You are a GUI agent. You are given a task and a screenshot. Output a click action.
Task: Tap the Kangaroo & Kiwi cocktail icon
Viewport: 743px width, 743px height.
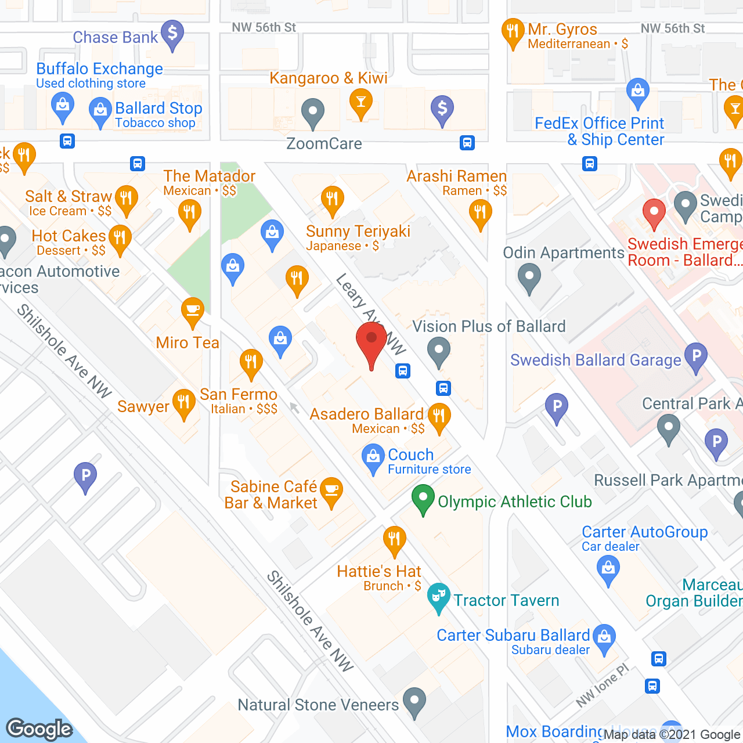point(360,103)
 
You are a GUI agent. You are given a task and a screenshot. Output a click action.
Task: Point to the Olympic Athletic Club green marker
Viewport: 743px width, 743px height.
point(423,498)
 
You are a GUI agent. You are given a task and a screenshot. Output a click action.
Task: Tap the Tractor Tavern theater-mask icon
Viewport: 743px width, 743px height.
point(439,596)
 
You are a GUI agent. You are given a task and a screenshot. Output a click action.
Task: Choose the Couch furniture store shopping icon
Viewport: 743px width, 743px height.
point(373,457)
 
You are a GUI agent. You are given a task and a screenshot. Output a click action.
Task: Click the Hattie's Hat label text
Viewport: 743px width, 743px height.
point(379,572)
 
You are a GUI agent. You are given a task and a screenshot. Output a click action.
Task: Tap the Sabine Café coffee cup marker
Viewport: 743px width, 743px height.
point(331,490)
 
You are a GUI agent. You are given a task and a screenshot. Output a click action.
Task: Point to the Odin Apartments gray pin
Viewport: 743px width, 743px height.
point(529,276)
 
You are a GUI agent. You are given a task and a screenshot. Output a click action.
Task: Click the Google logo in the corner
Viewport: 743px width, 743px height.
point(39,729)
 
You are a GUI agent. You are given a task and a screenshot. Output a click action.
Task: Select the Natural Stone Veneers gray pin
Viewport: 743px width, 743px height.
point(414,700)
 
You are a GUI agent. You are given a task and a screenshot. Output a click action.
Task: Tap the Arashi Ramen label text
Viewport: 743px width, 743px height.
point(457,176)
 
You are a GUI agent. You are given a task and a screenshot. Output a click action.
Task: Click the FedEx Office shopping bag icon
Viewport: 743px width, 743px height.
point(638,91)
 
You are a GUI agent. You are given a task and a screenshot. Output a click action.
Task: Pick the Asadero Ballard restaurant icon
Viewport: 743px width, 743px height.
point(439,416)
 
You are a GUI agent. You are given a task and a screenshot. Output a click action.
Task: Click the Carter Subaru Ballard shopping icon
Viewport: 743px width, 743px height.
point(604,637)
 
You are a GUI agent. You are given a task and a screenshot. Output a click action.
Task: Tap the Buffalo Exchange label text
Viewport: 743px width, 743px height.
point(99,68)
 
